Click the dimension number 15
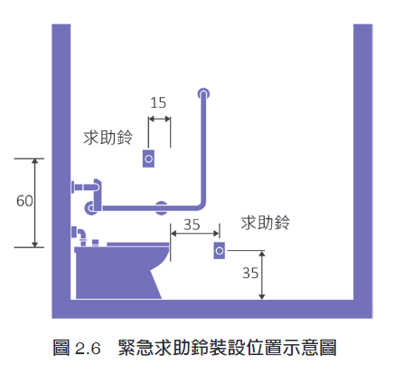tap(158, 102)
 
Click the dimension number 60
tap(24, 201)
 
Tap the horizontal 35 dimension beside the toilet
tap(192, 225)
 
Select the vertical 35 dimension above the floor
tap(250, 273)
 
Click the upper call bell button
tap(148, 159)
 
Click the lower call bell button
tap(220, 251)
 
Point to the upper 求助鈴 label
tap(108, 138)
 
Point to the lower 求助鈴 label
tap(266, 223)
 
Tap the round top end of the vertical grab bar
tap(203, 93)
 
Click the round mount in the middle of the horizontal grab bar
tap(162, 207)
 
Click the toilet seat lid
tap(138, 244)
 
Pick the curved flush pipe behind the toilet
tap(80, 236)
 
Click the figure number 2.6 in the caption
tap(88, 349)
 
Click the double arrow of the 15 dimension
tap(159, 119)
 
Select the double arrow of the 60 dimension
tap(35, 203)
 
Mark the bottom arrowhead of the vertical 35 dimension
tap(262, 296)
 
